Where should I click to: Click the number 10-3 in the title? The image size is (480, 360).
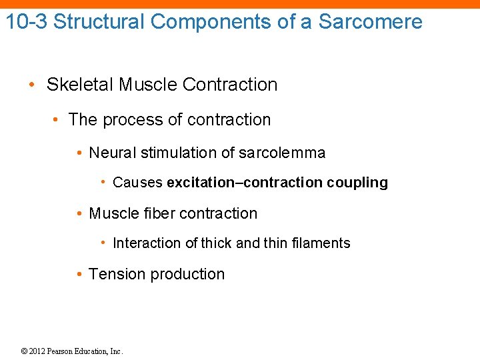(x=26, y=21)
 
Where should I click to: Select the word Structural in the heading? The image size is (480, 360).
(x=99, y=21)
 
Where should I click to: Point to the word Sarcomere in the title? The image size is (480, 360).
(x=370, y=21)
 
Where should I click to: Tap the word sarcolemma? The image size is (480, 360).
(x=283, y=153)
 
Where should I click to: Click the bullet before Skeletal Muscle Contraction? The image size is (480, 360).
(x=32, y=85)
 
